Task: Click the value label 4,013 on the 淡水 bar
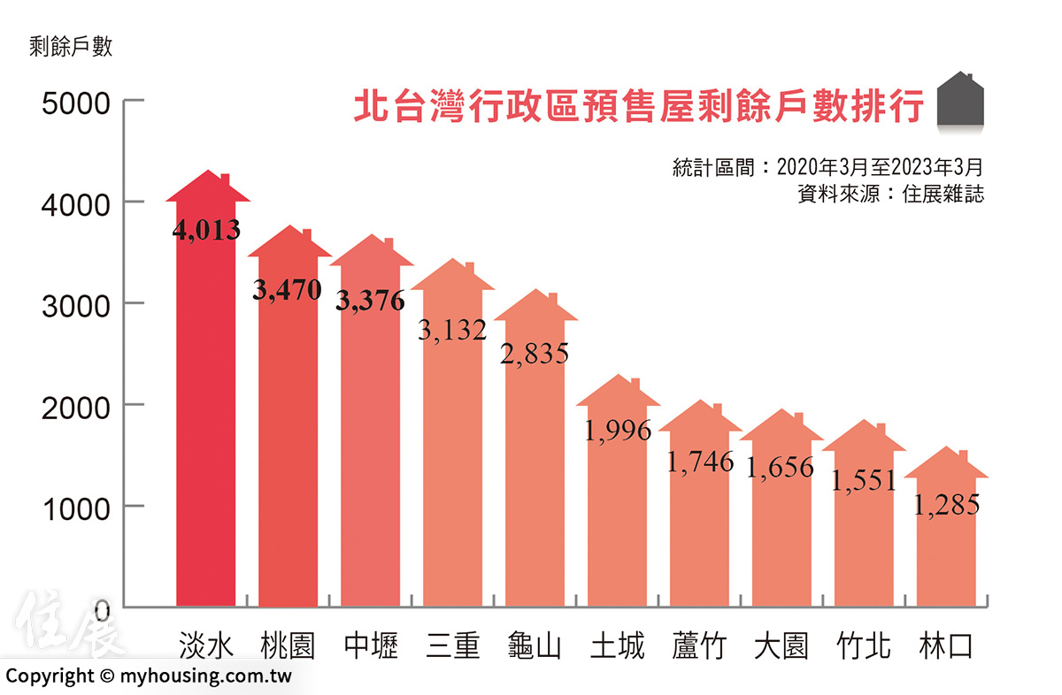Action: click(x=206, y=231)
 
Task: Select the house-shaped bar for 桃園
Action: click(x=288, y=442)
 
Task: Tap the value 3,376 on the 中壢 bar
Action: click(x=370, y=301)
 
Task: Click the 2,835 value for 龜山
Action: click(x=535, y=353)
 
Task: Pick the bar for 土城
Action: click(x=618, y=513)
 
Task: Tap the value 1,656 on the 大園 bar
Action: click(x=781, y=467)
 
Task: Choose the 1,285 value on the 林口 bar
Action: click(x=946, y=505)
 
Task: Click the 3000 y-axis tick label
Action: click(x=76, y=305)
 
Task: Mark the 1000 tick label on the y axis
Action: click(x=76, y=508)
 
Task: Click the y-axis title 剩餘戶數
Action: click(x=71, y=47)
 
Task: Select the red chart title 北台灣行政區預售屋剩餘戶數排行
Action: click(x=638, y=105)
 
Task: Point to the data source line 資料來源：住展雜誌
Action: click(x=890, y=194)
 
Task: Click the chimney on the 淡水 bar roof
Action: click(x=225, y=179)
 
